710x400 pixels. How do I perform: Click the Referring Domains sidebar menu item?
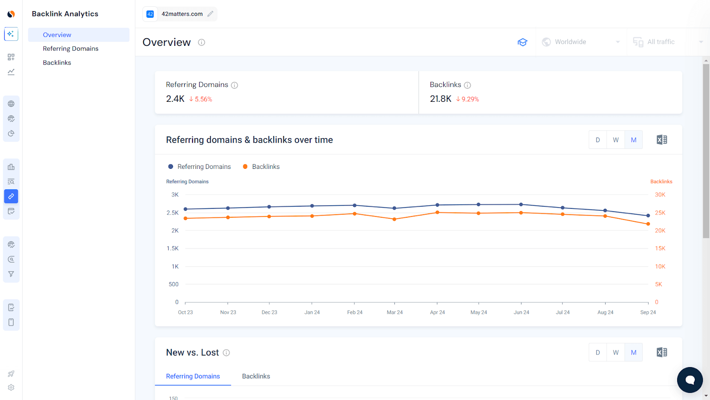point(71,48)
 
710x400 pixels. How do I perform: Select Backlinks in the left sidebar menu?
point(57,63)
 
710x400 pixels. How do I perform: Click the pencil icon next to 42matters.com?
point(210,14)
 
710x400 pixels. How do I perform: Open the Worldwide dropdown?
point(581,42)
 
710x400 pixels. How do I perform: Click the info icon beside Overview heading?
point(201,42)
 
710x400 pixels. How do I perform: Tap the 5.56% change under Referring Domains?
point(201,99)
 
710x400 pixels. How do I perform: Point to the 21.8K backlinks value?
point(440,99)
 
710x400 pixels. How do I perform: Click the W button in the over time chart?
point(615,140)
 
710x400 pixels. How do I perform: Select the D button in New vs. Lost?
point(598,352)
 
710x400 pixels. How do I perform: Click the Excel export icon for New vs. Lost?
point(662,352)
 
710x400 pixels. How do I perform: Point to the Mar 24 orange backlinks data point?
point(394,219)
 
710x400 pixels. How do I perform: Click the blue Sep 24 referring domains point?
point(648,216)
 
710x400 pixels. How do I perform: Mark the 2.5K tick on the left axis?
point(173,213)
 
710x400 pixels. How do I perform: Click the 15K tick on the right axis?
point(660,248)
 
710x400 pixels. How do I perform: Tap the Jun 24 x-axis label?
point(521,312)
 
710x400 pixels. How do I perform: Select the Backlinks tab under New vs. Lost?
point(256,376)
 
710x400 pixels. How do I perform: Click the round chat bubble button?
point(690,380)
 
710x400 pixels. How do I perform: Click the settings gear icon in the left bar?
point(11,388)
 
